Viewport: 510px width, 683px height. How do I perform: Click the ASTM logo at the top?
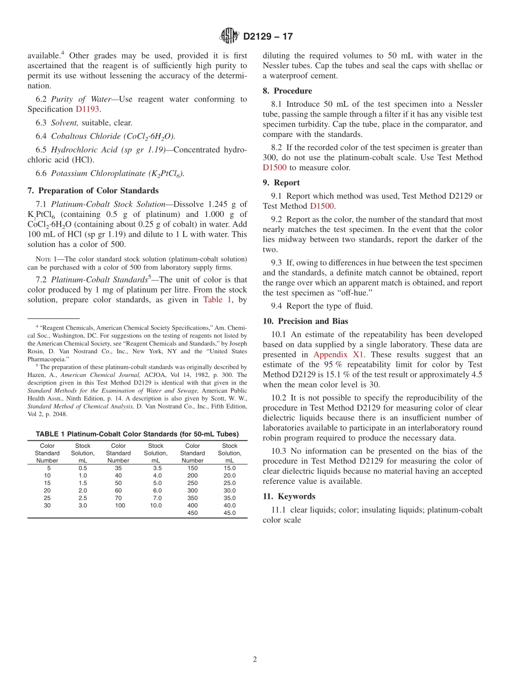[x=229, y=37]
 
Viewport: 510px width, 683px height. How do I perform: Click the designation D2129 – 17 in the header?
[x=268, y=37]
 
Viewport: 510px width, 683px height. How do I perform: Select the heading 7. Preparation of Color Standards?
[x=93, y=191]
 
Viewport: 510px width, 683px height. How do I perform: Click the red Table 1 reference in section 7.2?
[x=217, y=300]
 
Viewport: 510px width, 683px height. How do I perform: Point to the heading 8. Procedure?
[x=287, y=91]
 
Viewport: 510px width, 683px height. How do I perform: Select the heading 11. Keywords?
[x=289, y=496]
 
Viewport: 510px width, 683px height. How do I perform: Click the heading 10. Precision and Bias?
[x=305, y=321]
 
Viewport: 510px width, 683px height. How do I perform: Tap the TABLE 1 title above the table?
[x=137, y=434]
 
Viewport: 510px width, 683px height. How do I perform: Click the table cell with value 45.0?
[x=229, y=513]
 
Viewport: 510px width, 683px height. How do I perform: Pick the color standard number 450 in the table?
[x=192, y=513]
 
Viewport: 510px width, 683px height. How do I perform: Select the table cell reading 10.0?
[x=156, y=505]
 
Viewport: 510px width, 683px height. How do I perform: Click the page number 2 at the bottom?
[x=255, y=659]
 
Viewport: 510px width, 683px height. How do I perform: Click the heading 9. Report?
[x=281, y=183]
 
